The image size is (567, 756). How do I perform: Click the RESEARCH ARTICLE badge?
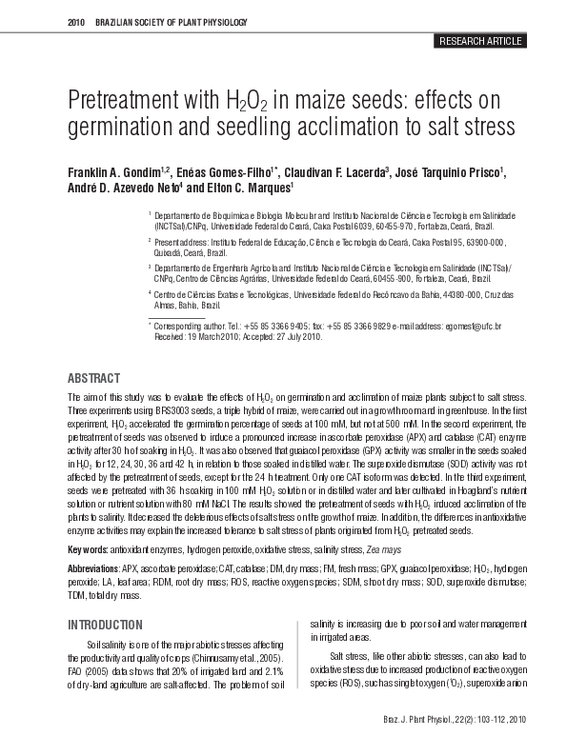479,41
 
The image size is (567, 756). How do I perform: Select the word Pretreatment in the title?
121,102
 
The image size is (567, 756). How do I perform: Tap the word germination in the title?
121,129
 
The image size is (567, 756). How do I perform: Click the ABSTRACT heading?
93,378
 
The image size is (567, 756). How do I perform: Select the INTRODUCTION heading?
105,625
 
